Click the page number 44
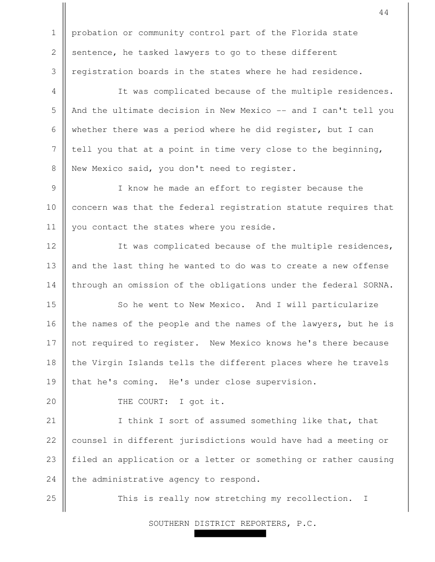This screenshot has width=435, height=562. tap(384, 13)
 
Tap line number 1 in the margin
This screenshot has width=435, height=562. tap(54, 33)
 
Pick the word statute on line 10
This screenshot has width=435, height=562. tap(304, 208)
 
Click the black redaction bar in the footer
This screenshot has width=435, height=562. tap(230, 533)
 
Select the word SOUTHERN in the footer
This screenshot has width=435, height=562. tap(169, 523)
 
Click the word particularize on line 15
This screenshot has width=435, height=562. tap(345, 305)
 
